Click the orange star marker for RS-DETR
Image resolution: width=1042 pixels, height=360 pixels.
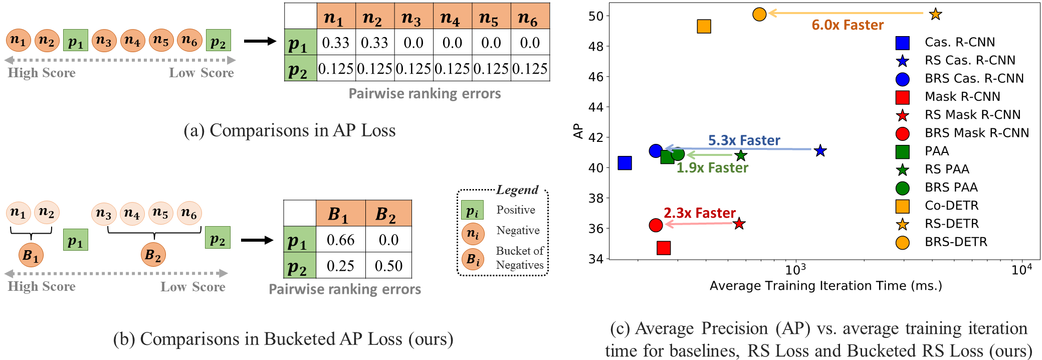tap(935, 15)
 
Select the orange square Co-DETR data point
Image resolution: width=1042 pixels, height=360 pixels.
tap(704, 27)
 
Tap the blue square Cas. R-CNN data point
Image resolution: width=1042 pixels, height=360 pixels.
tap(624, 163)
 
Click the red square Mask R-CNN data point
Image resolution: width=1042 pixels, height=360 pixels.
tap(664, 248)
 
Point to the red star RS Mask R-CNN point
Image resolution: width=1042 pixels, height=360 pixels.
tap(739, 224)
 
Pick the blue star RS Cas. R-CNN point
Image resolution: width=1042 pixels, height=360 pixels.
tap(820, 150)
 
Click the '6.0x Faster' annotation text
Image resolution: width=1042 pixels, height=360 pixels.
tap(848, 25)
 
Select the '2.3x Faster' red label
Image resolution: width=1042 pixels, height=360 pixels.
tap(700, 213)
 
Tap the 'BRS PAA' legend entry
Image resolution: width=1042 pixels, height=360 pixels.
tap(951, 188)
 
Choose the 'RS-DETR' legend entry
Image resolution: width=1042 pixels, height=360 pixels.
tap(951, 224)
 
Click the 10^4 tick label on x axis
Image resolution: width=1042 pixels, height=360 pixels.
tap(1021, 270)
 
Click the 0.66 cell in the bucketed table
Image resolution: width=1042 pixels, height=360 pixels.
tap(340, 240)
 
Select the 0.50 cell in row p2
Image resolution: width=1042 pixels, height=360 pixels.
tap(388, 266)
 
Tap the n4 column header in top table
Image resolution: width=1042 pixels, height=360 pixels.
tap(452, 18)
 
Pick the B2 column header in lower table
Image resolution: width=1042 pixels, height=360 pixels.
tap(388, 214)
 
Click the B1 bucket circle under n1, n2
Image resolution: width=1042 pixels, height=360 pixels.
tap(31, 255)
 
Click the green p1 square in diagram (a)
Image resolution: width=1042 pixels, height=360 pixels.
tap(76, 41)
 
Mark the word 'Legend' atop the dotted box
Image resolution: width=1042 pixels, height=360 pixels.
tap(517, 190)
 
